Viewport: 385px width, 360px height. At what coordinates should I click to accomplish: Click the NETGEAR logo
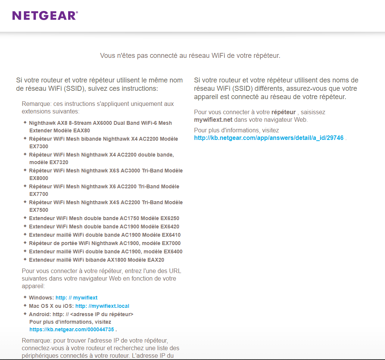pyautogui.click(x=45, y=16)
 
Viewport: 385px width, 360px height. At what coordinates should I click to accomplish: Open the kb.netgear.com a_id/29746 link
pyautogui.click(x=268, y=138)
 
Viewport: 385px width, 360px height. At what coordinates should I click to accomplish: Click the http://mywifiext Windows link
pyautogui.click(x=76, y=298)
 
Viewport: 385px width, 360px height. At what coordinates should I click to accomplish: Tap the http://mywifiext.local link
pyautogui.click(x=102, y=306)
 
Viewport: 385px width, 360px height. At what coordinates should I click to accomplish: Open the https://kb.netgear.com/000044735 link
pyautogui.click(x=72, y=329)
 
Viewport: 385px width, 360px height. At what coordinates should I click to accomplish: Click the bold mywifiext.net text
pyautogui.click(x=213, y=120)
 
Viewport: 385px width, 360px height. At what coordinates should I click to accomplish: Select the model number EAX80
pyautogui.click(x=82, y=130)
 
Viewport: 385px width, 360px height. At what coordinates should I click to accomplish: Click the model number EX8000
pyautogui.click(x=39, y=178)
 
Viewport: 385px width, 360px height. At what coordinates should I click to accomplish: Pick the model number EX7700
pyautogui.click(x=39, y=194)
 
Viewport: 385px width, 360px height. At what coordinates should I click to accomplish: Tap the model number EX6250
pyautogui.click(x=170, y=218)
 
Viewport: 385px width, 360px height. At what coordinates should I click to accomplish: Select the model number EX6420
pyautogui.click(x=170, y=227)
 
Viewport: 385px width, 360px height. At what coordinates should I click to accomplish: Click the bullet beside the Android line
pyautogui.click(x=25, y=313)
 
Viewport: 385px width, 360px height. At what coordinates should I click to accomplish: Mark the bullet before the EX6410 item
pyautogui.click(x=25, y=234)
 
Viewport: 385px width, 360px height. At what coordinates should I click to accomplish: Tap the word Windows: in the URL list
pyautogui.click(x=41, y=298)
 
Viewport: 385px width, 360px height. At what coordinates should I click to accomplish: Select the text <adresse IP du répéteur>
pyautogui.click(x=101, y=314)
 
